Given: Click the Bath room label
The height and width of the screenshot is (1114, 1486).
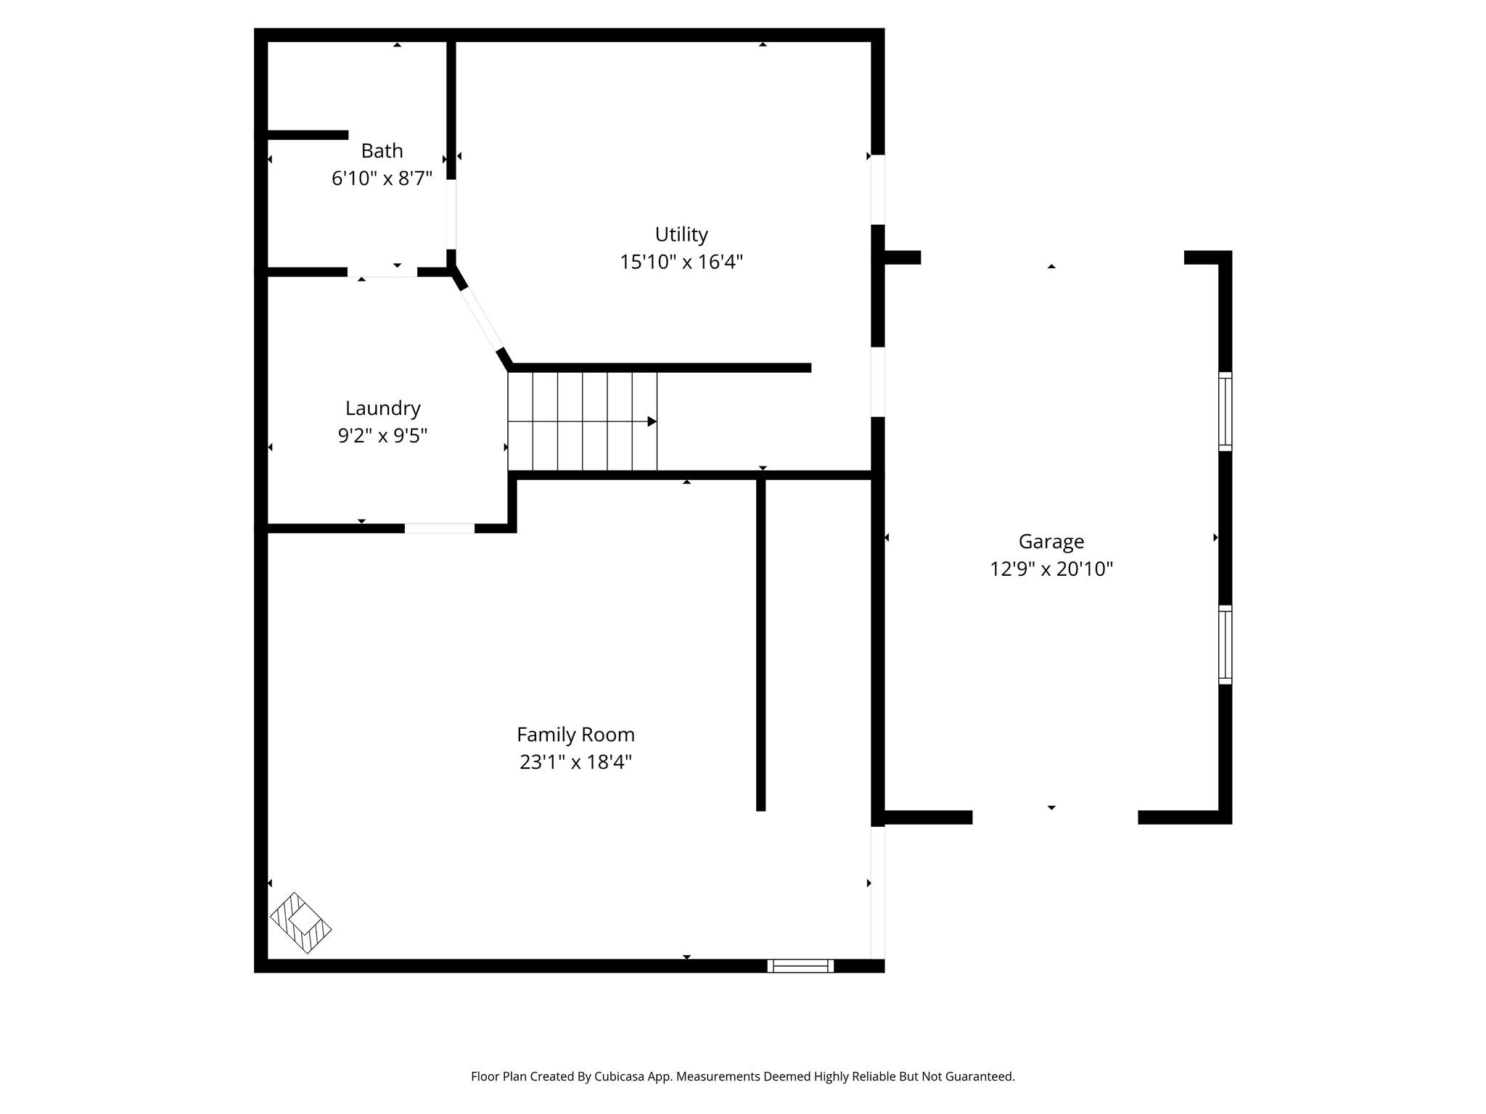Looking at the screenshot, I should coord(382,151).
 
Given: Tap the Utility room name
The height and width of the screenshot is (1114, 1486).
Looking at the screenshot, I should coord(681,234).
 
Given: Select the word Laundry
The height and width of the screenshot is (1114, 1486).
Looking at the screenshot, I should coord(382,408).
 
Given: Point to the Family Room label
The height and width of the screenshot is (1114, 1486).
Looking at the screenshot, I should coord(575,735).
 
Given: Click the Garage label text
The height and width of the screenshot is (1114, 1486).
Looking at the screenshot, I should coord(1051,542).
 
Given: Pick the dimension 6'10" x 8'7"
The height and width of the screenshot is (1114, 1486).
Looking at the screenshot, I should coord(382,178).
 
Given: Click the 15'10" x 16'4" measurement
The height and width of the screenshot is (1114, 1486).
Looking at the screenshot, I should coord(681,262).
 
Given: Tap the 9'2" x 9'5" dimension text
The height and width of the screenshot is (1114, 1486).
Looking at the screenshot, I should coord(382,436).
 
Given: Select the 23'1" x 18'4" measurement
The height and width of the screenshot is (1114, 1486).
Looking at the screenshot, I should coord(575,762).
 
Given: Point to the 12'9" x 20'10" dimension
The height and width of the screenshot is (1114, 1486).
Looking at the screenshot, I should coord(1051,569).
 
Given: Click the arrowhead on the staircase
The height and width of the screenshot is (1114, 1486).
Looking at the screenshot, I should coord(652,421).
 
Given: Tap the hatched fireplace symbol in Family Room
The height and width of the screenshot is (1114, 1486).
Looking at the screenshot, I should coord(300,923).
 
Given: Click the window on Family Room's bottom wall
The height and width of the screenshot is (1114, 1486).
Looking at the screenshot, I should coord(800,965).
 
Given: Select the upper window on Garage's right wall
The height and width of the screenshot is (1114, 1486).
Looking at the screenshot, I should coord(1225,411).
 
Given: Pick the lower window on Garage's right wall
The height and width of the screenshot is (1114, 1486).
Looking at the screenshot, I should coord(1225,644).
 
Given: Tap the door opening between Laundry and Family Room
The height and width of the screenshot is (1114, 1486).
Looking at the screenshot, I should coord(439,528).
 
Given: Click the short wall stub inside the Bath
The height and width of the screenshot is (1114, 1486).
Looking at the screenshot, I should coord(308,135).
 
